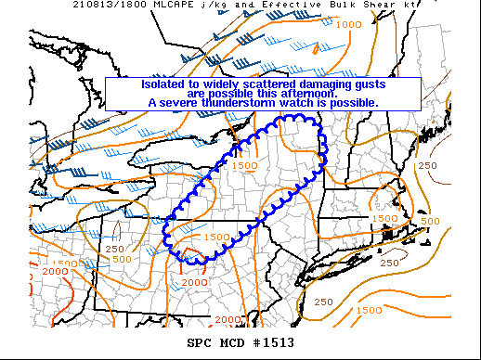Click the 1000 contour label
point(350,24)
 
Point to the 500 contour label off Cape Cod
point(430,221)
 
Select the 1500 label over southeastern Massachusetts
point(384,218)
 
